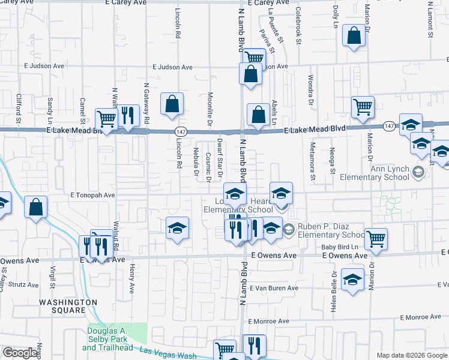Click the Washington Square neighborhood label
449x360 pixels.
[68, 306]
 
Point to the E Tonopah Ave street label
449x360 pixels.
[92, 196]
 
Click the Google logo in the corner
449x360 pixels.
[20, 353]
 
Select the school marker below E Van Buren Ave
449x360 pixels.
[352, 280]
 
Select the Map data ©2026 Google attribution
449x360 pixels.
[412, 355]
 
